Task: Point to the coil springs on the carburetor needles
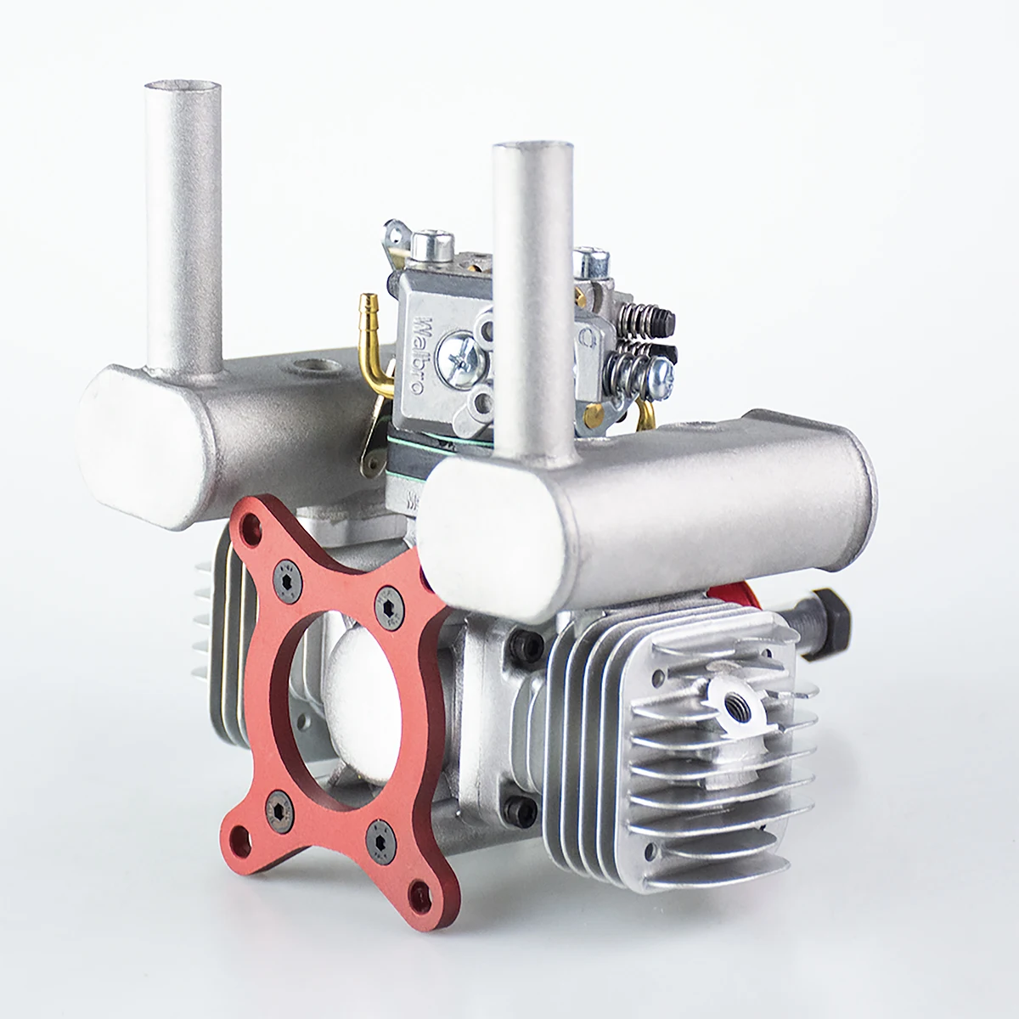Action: click(644, 335)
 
